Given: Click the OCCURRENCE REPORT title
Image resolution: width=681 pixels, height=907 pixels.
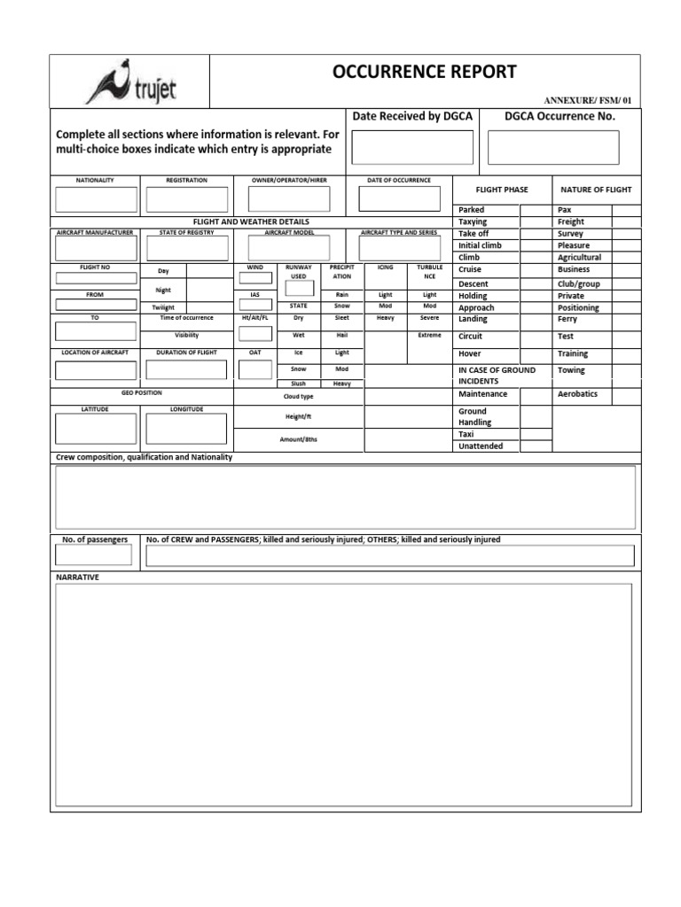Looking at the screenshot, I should [x=424, y=73].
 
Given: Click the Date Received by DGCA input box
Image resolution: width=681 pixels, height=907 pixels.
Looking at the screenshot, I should [x=412, y=147].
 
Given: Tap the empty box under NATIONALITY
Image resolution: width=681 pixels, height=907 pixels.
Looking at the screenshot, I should [x=96, y=199].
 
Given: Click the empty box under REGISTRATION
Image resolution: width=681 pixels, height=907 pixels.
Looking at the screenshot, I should [x=186, y=199].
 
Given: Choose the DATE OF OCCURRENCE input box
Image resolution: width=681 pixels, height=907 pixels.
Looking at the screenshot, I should [x=398, y=199].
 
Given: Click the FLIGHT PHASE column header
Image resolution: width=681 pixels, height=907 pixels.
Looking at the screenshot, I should [x=502, y=190].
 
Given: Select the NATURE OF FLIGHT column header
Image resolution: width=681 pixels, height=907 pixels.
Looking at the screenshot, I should [x=595, y=190].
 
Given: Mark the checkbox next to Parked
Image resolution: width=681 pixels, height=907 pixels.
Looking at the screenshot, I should [x=535, y=210].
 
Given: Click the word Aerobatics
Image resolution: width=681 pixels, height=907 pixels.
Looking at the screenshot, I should [x=577, y=394].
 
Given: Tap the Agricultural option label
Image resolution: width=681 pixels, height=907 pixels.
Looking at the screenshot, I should [x=579, y=258].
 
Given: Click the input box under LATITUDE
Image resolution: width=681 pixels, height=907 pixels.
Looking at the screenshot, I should [x=96, y=429].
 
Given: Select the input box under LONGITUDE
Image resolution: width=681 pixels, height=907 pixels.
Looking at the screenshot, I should [x=186, y=429].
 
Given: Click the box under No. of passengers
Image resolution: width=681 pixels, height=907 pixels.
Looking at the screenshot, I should [x=94, y=555].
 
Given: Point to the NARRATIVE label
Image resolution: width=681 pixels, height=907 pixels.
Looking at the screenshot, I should [x=78, y=578].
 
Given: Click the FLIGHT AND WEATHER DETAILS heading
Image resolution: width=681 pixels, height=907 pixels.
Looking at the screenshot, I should [x=251, y=221].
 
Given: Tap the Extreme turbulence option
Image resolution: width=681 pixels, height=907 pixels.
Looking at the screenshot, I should [x=429, y=336].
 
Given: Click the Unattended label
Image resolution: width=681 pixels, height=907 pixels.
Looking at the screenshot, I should [x=481, y=446].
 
